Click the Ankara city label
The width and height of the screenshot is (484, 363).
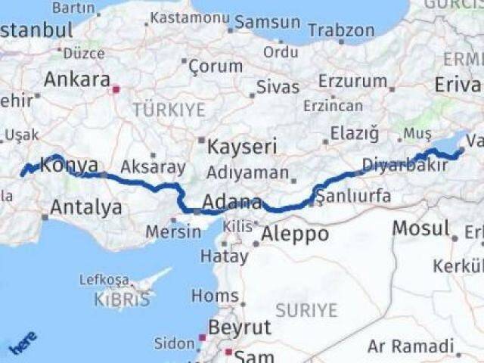click(76, 79)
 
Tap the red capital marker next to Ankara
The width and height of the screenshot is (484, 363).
click(116, 89)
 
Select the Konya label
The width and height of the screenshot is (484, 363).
click(69, 165)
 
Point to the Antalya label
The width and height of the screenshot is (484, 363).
click(86, 206)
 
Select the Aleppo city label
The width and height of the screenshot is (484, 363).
click(295, 234)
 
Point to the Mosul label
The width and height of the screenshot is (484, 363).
click(420, 228)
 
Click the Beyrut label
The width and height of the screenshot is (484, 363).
click(239, 327)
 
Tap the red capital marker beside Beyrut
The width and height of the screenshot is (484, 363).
click(202, 338)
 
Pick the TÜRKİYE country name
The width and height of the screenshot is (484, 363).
click(169, 110)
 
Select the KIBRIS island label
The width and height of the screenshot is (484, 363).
click(123, 299)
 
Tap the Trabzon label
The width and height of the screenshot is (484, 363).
click(341, 30)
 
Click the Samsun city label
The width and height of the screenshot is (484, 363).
click(267, 22)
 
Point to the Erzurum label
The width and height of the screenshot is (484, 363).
click(353, 81)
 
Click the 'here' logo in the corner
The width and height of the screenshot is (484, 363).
click(23, 343)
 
